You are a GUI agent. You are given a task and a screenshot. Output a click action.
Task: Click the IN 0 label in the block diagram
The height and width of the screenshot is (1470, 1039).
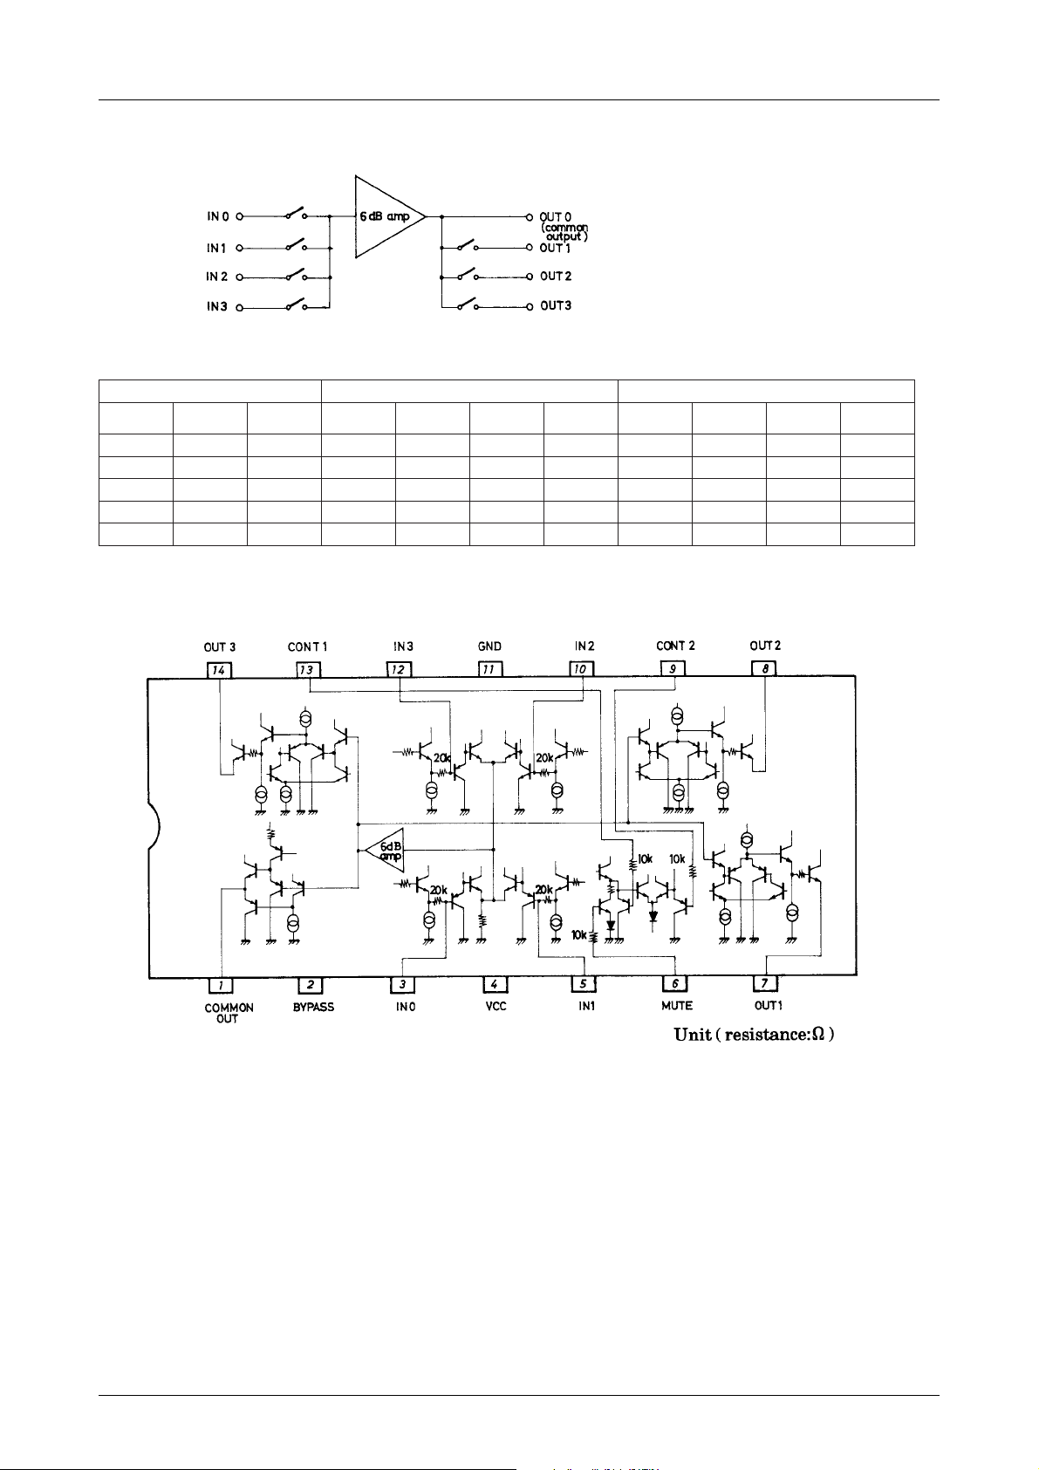pos(217,216)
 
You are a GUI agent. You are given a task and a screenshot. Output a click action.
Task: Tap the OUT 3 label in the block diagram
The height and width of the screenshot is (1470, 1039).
pos(556,306)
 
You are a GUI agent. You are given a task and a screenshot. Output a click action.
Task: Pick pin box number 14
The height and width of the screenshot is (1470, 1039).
pos(219,669)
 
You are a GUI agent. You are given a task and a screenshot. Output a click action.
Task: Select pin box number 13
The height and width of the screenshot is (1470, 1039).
pos(308,669)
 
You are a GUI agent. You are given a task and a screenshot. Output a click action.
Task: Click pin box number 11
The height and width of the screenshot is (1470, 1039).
pos(490,669)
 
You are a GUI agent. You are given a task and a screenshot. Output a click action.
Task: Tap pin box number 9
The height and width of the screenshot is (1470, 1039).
pos(673,669)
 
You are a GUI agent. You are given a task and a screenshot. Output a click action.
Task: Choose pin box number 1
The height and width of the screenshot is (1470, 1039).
pos(222,985)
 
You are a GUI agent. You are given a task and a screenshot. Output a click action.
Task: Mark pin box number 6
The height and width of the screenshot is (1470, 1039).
pos(675,985)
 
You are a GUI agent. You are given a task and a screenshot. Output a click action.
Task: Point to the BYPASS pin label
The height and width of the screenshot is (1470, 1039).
pos(313,1007)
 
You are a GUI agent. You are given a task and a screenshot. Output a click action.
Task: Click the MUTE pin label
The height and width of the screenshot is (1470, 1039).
pos(676,1006)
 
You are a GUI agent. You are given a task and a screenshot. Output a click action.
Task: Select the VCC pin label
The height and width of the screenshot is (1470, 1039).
pos(495,1006)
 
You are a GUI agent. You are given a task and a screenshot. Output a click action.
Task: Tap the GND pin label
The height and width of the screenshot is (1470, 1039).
pos(489,647)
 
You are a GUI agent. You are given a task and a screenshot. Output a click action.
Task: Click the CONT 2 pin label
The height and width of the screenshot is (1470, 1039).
pos(675,646)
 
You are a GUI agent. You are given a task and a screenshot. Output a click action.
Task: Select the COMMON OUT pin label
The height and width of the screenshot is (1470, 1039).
pos(229,1013)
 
